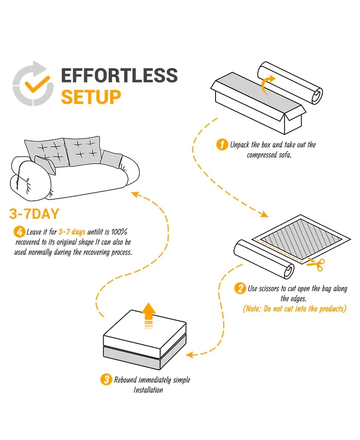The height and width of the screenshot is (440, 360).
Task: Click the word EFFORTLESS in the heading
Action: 119,76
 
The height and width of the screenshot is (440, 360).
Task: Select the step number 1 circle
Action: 222,145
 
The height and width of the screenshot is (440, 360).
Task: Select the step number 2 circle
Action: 240,289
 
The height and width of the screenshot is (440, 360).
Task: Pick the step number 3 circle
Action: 105,380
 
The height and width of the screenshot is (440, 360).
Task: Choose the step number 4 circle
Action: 19,232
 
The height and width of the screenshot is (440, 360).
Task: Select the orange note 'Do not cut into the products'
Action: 295,309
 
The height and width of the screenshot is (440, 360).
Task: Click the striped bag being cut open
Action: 301,238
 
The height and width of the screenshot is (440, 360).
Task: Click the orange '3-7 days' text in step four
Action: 72,232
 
